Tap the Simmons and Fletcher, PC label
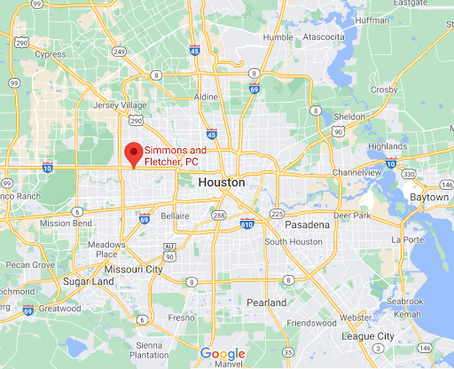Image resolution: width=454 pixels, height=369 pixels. coord(176,156)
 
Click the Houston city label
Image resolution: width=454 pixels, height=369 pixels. coord(223,182)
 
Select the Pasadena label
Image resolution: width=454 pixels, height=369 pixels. coord(307,225)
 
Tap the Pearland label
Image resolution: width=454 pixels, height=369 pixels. coord(267,302)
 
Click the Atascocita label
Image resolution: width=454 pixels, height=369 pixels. coord(325,37)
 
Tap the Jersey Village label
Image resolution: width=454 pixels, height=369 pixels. coord(120,104)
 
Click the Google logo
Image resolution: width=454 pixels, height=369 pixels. coord(222,354)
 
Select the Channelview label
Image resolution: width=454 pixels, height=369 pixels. coord(356,171)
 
